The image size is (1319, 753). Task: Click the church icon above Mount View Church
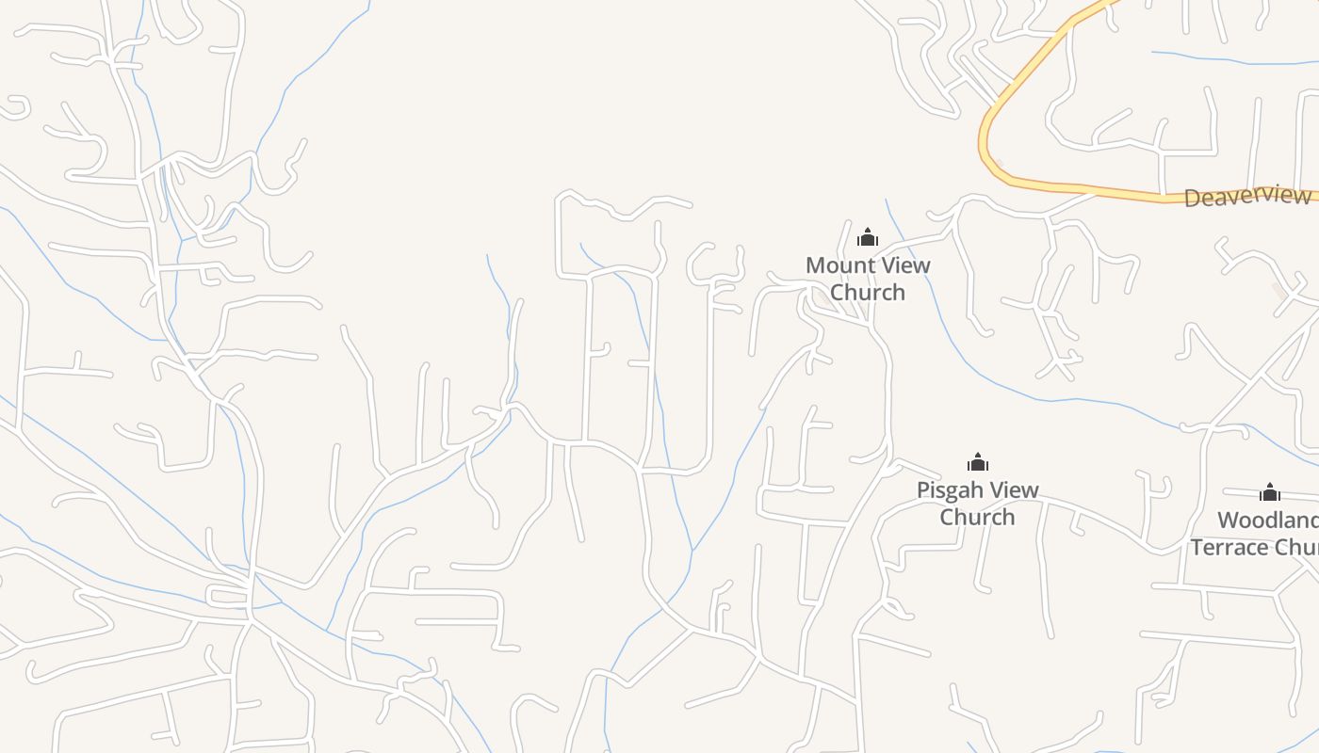868,237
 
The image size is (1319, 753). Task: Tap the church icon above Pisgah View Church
978,462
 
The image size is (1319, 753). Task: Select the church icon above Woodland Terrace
1270,492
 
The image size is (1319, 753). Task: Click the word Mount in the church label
835,265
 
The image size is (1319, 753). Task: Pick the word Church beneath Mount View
868,293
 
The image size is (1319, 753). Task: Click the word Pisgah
951,490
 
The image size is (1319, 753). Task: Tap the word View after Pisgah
1015,490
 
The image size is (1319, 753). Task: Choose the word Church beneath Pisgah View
978,518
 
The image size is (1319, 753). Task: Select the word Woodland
1267,521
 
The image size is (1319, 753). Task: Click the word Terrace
1229,548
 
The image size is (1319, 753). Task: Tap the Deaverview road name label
1247,197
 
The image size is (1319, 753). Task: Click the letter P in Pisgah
924,490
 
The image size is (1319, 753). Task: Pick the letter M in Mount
815,265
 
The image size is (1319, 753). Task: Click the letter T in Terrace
1197,548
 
